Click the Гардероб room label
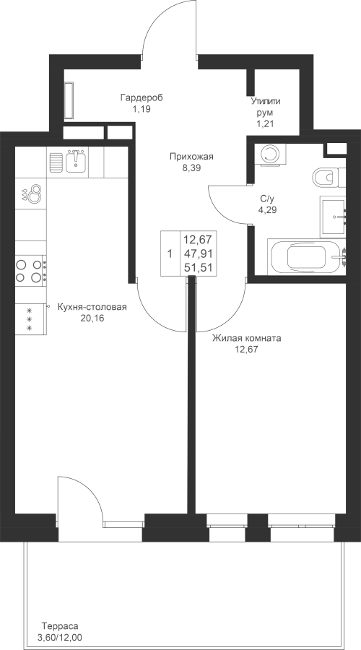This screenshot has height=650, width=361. pos(142,97)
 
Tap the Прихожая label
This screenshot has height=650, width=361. pos(191,157)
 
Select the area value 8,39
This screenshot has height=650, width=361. pos(191,168)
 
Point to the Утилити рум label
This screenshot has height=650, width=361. pos(265,107)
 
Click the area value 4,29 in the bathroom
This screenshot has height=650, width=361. pos(267,209)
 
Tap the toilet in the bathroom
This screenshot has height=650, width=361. pos(329,178)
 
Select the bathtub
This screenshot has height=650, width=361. pos(307,256)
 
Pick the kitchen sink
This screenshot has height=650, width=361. pos(75,160)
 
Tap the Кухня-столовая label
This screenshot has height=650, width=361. pos(92,307)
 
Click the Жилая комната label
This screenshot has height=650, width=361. pos(247,338)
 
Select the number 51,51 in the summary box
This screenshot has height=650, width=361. pos(198,267)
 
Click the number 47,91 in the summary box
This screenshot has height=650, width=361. pos(198,253)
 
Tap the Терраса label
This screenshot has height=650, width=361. pos(60,626)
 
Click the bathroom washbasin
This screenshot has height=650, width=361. pos(333,217)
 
